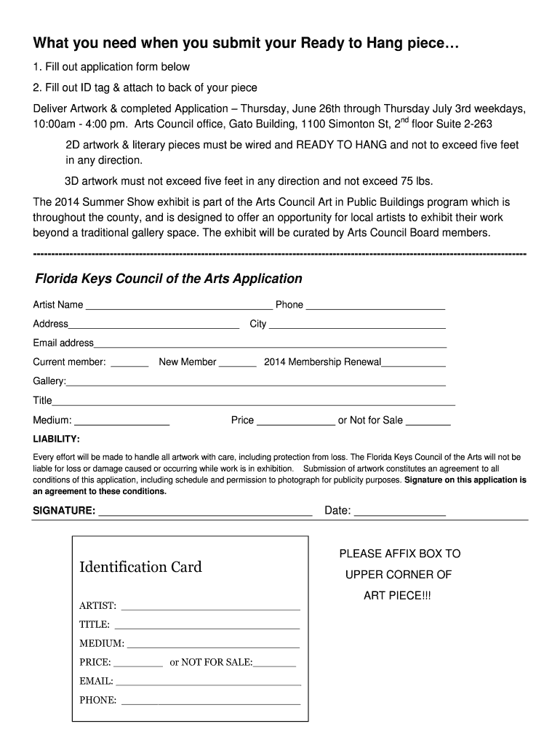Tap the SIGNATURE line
205,513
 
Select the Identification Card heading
140,567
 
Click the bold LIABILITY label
56,439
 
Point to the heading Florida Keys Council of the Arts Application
169,279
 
